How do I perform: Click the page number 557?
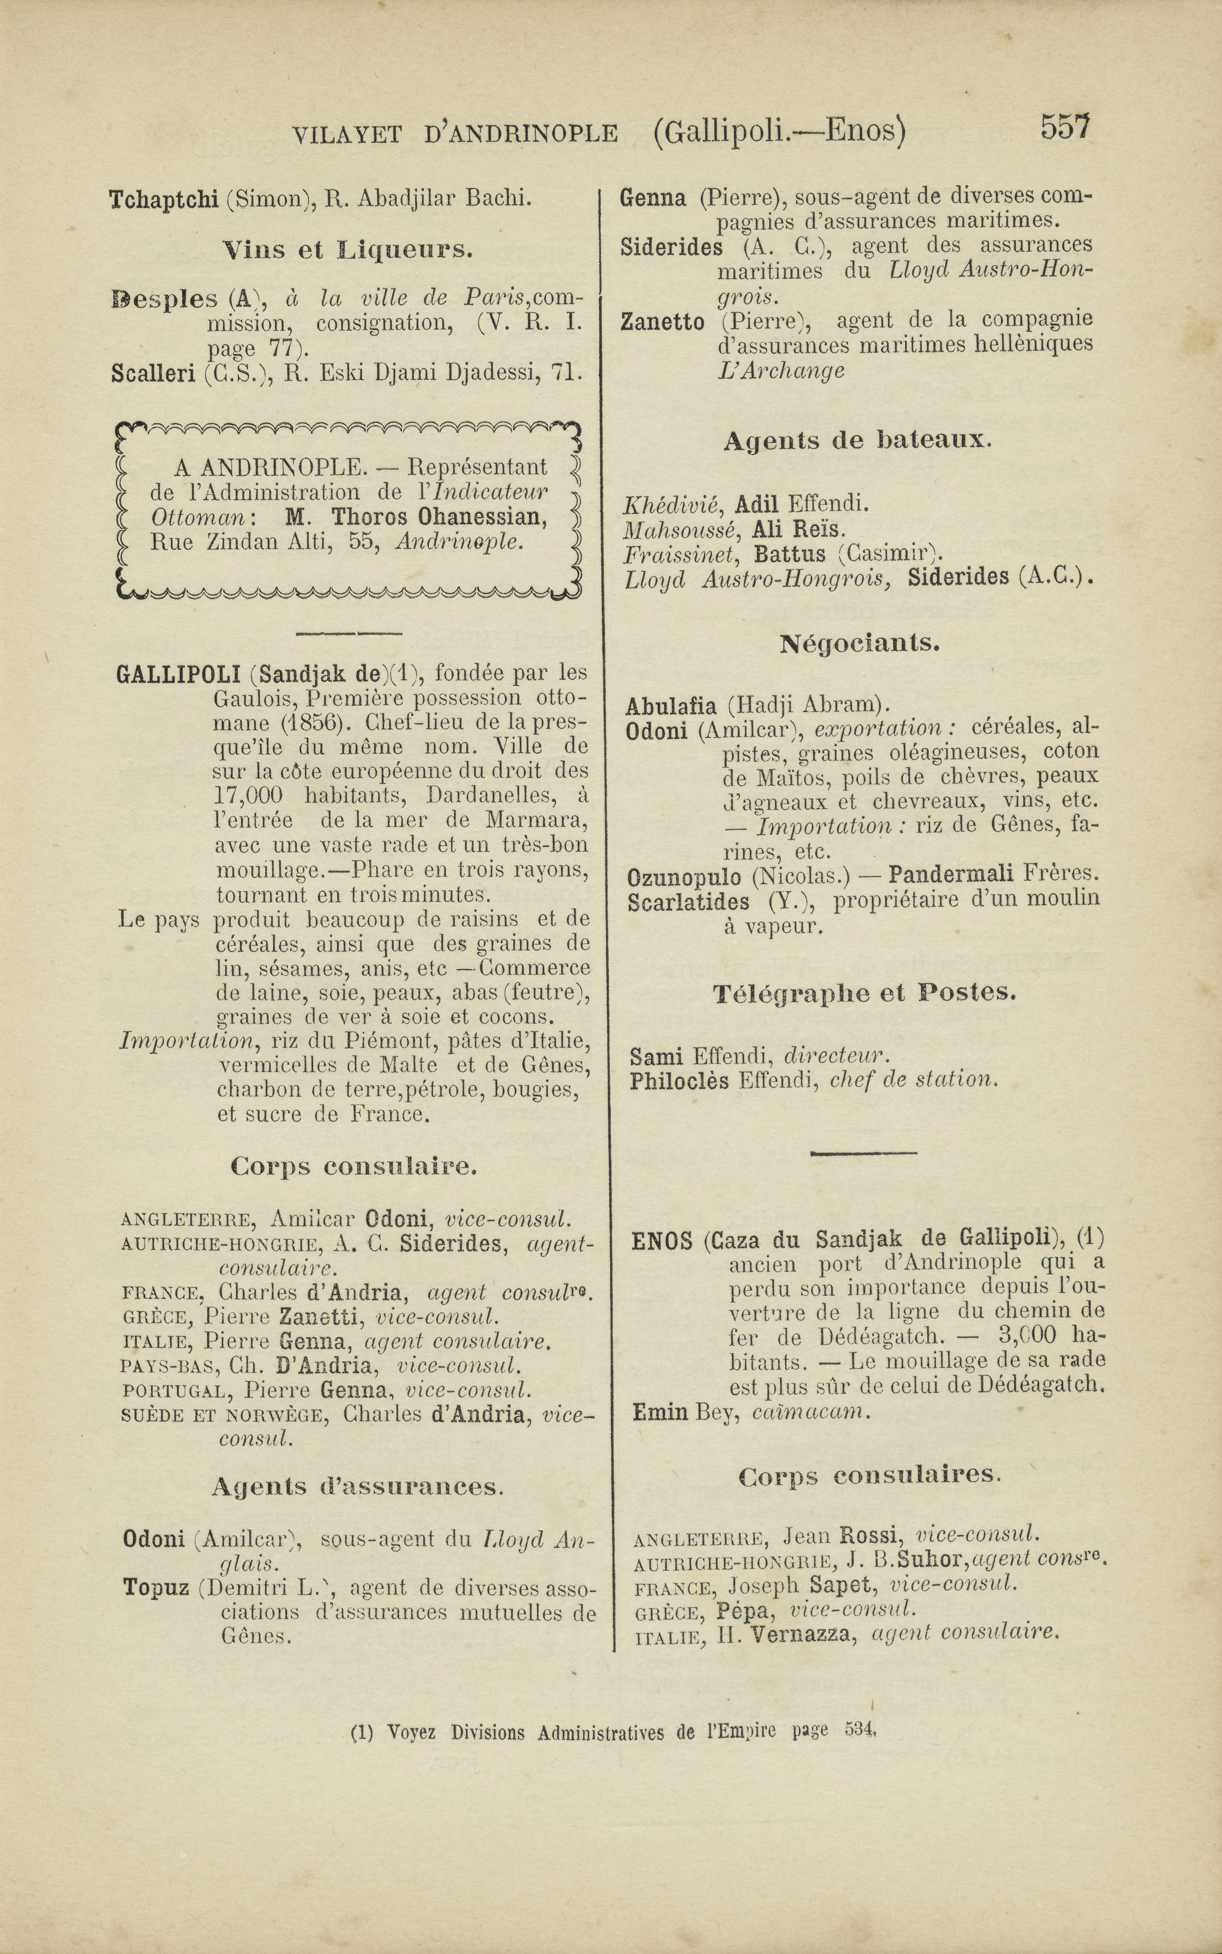tap(1065, 128)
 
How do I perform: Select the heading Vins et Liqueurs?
tap(348, 250)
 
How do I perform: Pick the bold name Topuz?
tap(155, 1588)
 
